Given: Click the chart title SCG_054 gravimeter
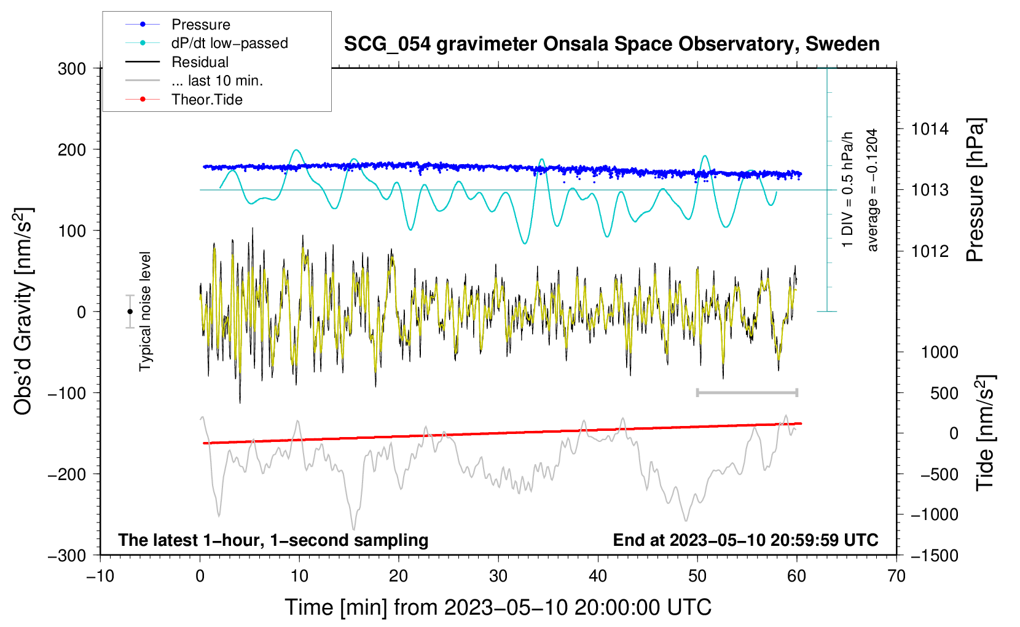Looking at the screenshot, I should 611,44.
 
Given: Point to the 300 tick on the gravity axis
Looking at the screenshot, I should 72,69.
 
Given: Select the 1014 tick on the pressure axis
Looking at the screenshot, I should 930,129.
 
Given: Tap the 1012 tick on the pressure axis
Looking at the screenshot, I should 930,251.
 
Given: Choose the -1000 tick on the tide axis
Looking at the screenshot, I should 935,515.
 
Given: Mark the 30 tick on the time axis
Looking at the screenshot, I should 498,576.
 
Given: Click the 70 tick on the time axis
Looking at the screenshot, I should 896,576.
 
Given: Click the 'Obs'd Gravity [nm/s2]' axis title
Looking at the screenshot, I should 23,312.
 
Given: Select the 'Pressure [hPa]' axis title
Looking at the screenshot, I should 975,190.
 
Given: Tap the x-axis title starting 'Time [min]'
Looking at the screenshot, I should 498,607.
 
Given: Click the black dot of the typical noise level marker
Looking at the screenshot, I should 130,312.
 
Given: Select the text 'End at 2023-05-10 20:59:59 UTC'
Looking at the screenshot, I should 745,540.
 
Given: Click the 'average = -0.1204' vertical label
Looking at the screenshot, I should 872,190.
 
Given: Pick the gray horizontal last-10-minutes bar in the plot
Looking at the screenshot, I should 747,393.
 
